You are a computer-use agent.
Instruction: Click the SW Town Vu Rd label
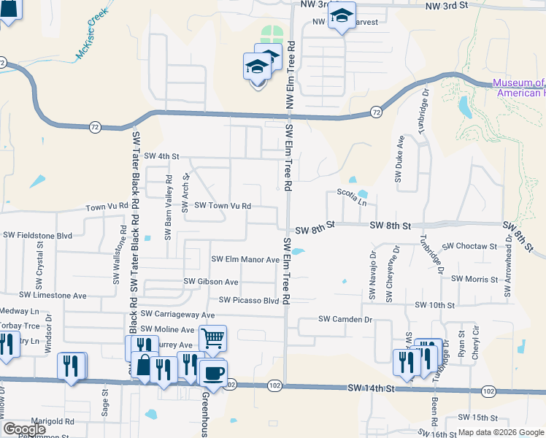[x=223, y=207]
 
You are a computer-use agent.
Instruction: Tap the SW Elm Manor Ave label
[x=245, y=259]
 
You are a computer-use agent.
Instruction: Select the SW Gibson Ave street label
[x=211, y=281]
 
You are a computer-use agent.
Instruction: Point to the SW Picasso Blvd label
[x=250, y=300]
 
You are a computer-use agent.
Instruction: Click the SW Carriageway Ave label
[x=179, y=314]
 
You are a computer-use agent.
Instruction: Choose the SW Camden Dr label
[x=345, y=319]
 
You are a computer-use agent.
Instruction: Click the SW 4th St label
[x=161, y=156]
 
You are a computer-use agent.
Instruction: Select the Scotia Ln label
[x=351, y=193]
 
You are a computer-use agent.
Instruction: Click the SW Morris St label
[x=474, y=279]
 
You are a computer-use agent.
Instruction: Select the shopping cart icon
[x=212, y=338]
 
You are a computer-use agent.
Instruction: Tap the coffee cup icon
[x=213, y=373]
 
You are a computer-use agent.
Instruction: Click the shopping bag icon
[x=145, y=367]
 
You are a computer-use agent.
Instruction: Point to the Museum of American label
[x=518, y=88]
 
